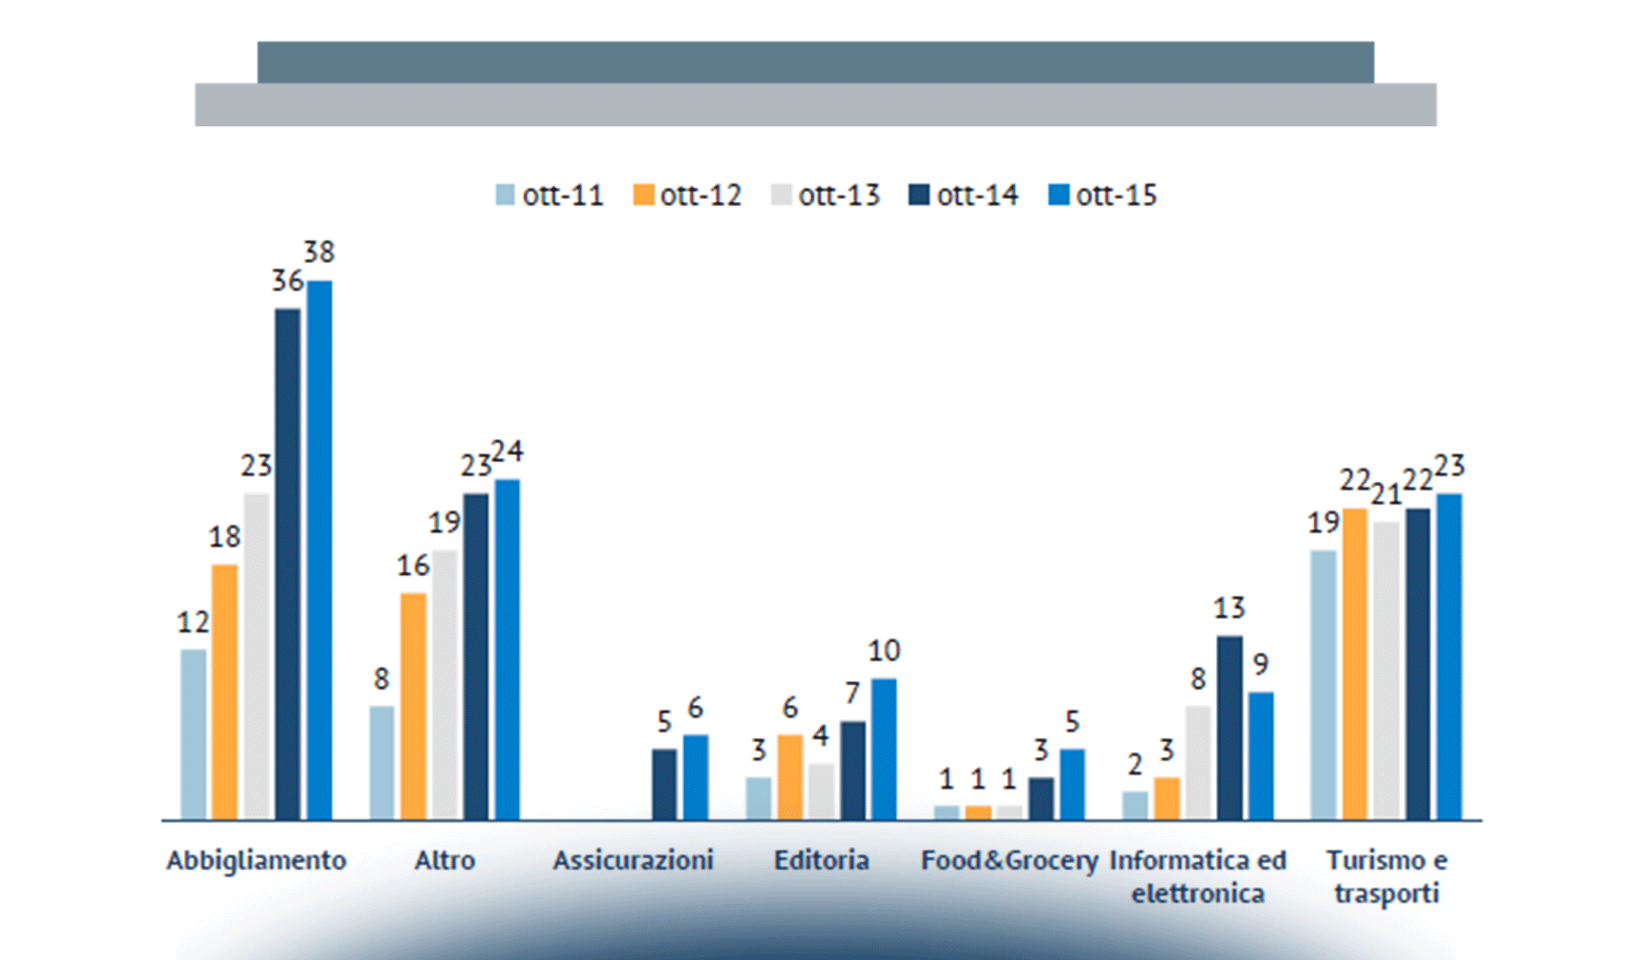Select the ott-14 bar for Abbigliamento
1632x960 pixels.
coord(288,564)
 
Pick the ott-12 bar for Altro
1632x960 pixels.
coord(413,706)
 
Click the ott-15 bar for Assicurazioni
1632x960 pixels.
coord(695,777)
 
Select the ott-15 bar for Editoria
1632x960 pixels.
coord(884,749)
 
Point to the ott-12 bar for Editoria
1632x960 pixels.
coord(790,777)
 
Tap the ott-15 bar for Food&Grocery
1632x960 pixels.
coord(1072,784)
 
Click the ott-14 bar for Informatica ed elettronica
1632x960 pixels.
coord(1230,727)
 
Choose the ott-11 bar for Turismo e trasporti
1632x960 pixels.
coord(1323,685)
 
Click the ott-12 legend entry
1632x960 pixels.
coord(688,195)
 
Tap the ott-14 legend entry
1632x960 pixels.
coord(964,195)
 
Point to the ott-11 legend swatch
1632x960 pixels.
coord(505,195)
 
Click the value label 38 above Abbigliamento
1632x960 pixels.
coord(318,253)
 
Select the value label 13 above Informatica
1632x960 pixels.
coord(1230,609)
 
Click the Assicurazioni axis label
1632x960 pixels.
coord(633,861)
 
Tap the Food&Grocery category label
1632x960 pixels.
coord(1010,861)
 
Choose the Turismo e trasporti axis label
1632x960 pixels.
coord(1386,876)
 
